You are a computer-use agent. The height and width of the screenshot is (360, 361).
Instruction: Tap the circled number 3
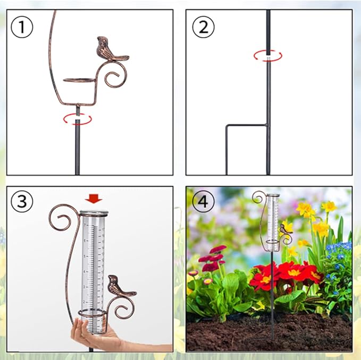click(22, 201)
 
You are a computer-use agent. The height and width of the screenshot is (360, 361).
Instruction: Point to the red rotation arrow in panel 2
click(267, 56)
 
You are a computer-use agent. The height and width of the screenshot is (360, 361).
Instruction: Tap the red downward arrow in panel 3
click(94, 199)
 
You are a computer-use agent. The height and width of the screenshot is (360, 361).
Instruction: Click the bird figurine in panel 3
click(118, 286)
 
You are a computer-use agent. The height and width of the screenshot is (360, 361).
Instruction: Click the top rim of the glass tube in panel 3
click(94, 213)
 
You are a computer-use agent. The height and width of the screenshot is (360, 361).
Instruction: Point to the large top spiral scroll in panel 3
click(60, 217)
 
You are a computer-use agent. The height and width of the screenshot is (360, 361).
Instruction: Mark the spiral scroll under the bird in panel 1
click(115, 76)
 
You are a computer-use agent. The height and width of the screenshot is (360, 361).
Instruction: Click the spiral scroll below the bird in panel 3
click(125, 307)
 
